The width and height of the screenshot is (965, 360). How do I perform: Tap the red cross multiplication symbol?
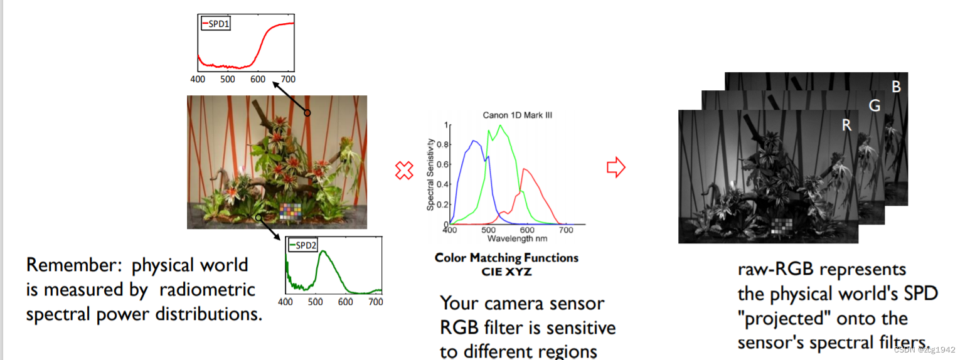click(x=405, y=170)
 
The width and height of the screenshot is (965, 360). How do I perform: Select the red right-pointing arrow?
click(x=616, y=167)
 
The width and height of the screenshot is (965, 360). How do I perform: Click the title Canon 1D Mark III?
click(x=517, y=115)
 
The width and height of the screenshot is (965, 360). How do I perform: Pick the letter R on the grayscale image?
click(x=846, y=125)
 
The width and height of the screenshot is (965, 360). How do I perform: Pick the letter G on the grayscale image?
click(x=874, y=107)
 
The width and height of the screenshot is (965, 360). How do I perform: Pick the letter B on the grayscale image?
click(x=897, y=87)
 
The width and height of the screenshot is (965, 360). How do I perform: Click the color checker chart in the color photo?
click(x=291, y=212)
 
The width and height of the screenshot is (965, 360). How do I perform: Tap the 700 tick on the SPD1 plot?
click(x=287, y=80)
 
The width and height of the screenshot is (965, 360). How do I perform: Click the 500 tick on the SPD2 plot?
click(x=315, y=302)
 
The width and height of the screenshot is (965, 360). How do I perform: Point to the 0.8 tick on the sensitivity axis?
click(x=440, y=144)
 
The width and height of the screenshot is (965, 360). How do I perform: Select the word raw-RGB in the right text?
click(x=776, y=270)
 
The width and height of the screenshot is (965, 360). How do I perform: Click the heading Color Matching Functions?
click(x=506, y=258)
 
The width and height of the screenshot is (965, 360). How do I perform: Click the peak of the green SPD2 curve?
click(x=323, y=251)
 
